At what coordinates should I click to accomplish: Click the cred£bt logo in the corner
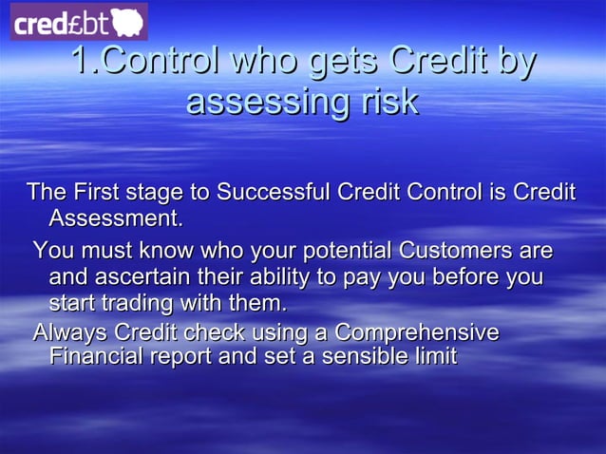[79, 22]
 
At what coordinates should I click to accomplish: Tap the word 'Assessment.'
[115, 218]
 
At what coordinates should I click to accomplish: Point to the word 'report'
[181, 356]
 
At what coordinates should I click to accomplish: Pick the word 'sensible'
[366, 356]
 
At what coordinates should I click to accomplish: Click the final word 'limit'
[436, 356]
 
